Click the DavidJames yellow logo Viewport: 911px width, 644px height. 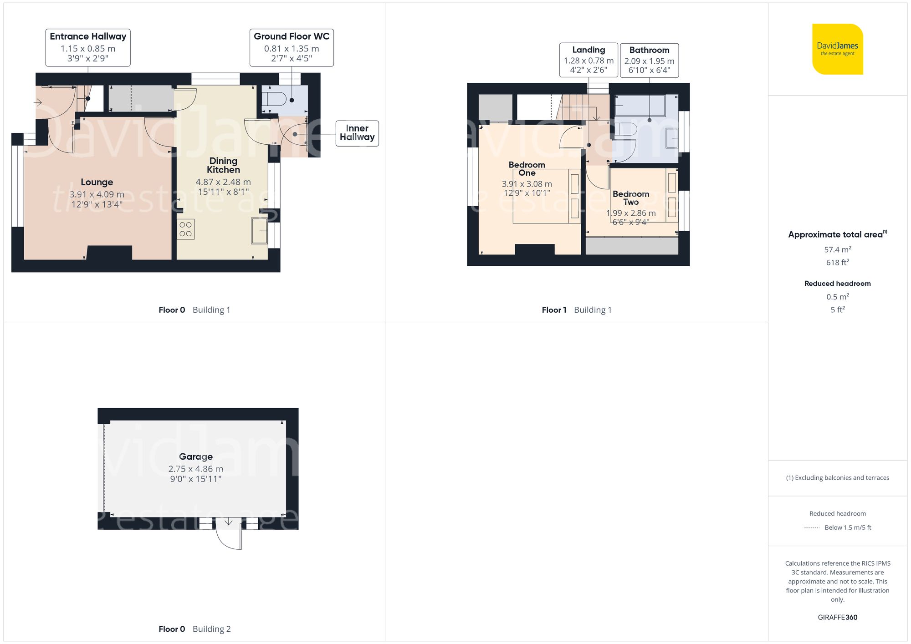[x=837, y=49]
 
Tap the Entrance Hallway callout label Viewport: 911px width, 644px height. [x=88, y=47]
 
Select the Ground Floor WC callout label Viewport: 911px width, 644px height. [x=292, y=47]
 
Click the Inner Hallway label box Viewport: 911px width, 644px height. [x=357, y=133]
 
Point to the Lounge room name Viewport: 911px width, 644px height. [x=97, y=182]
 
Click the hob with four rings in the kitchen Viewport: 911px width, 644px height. [x=185, y=229]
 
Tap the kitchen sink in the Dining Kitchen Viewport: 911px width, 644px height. [x=259, y=231]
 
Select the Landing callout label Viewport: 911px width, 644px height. [x=589, y=60]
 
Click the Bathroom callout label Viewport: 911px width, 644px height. [x=649, y=60]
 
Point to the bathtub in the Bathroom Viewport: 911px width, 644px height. [x=640, y=106]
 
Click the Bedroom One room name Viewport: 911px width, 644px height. [x=527, y=169]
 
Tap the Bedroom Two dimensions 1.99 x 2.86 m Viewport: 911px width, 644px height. [x=631, y=213]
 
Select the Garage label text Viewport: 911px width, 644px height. [x=195, y=456]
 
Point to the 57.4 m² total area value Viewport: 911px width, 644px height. [x=837, y=249]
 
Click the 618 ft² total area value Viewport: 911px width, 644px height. [x=837, y=263]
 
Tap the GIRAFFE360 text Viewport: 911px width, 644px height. [x=837, y=617]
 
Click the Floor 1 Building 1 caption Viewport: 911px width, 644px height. [x=576, y=310]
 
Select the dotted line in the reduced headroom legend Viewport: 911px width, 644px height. [x=811, y=528]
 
